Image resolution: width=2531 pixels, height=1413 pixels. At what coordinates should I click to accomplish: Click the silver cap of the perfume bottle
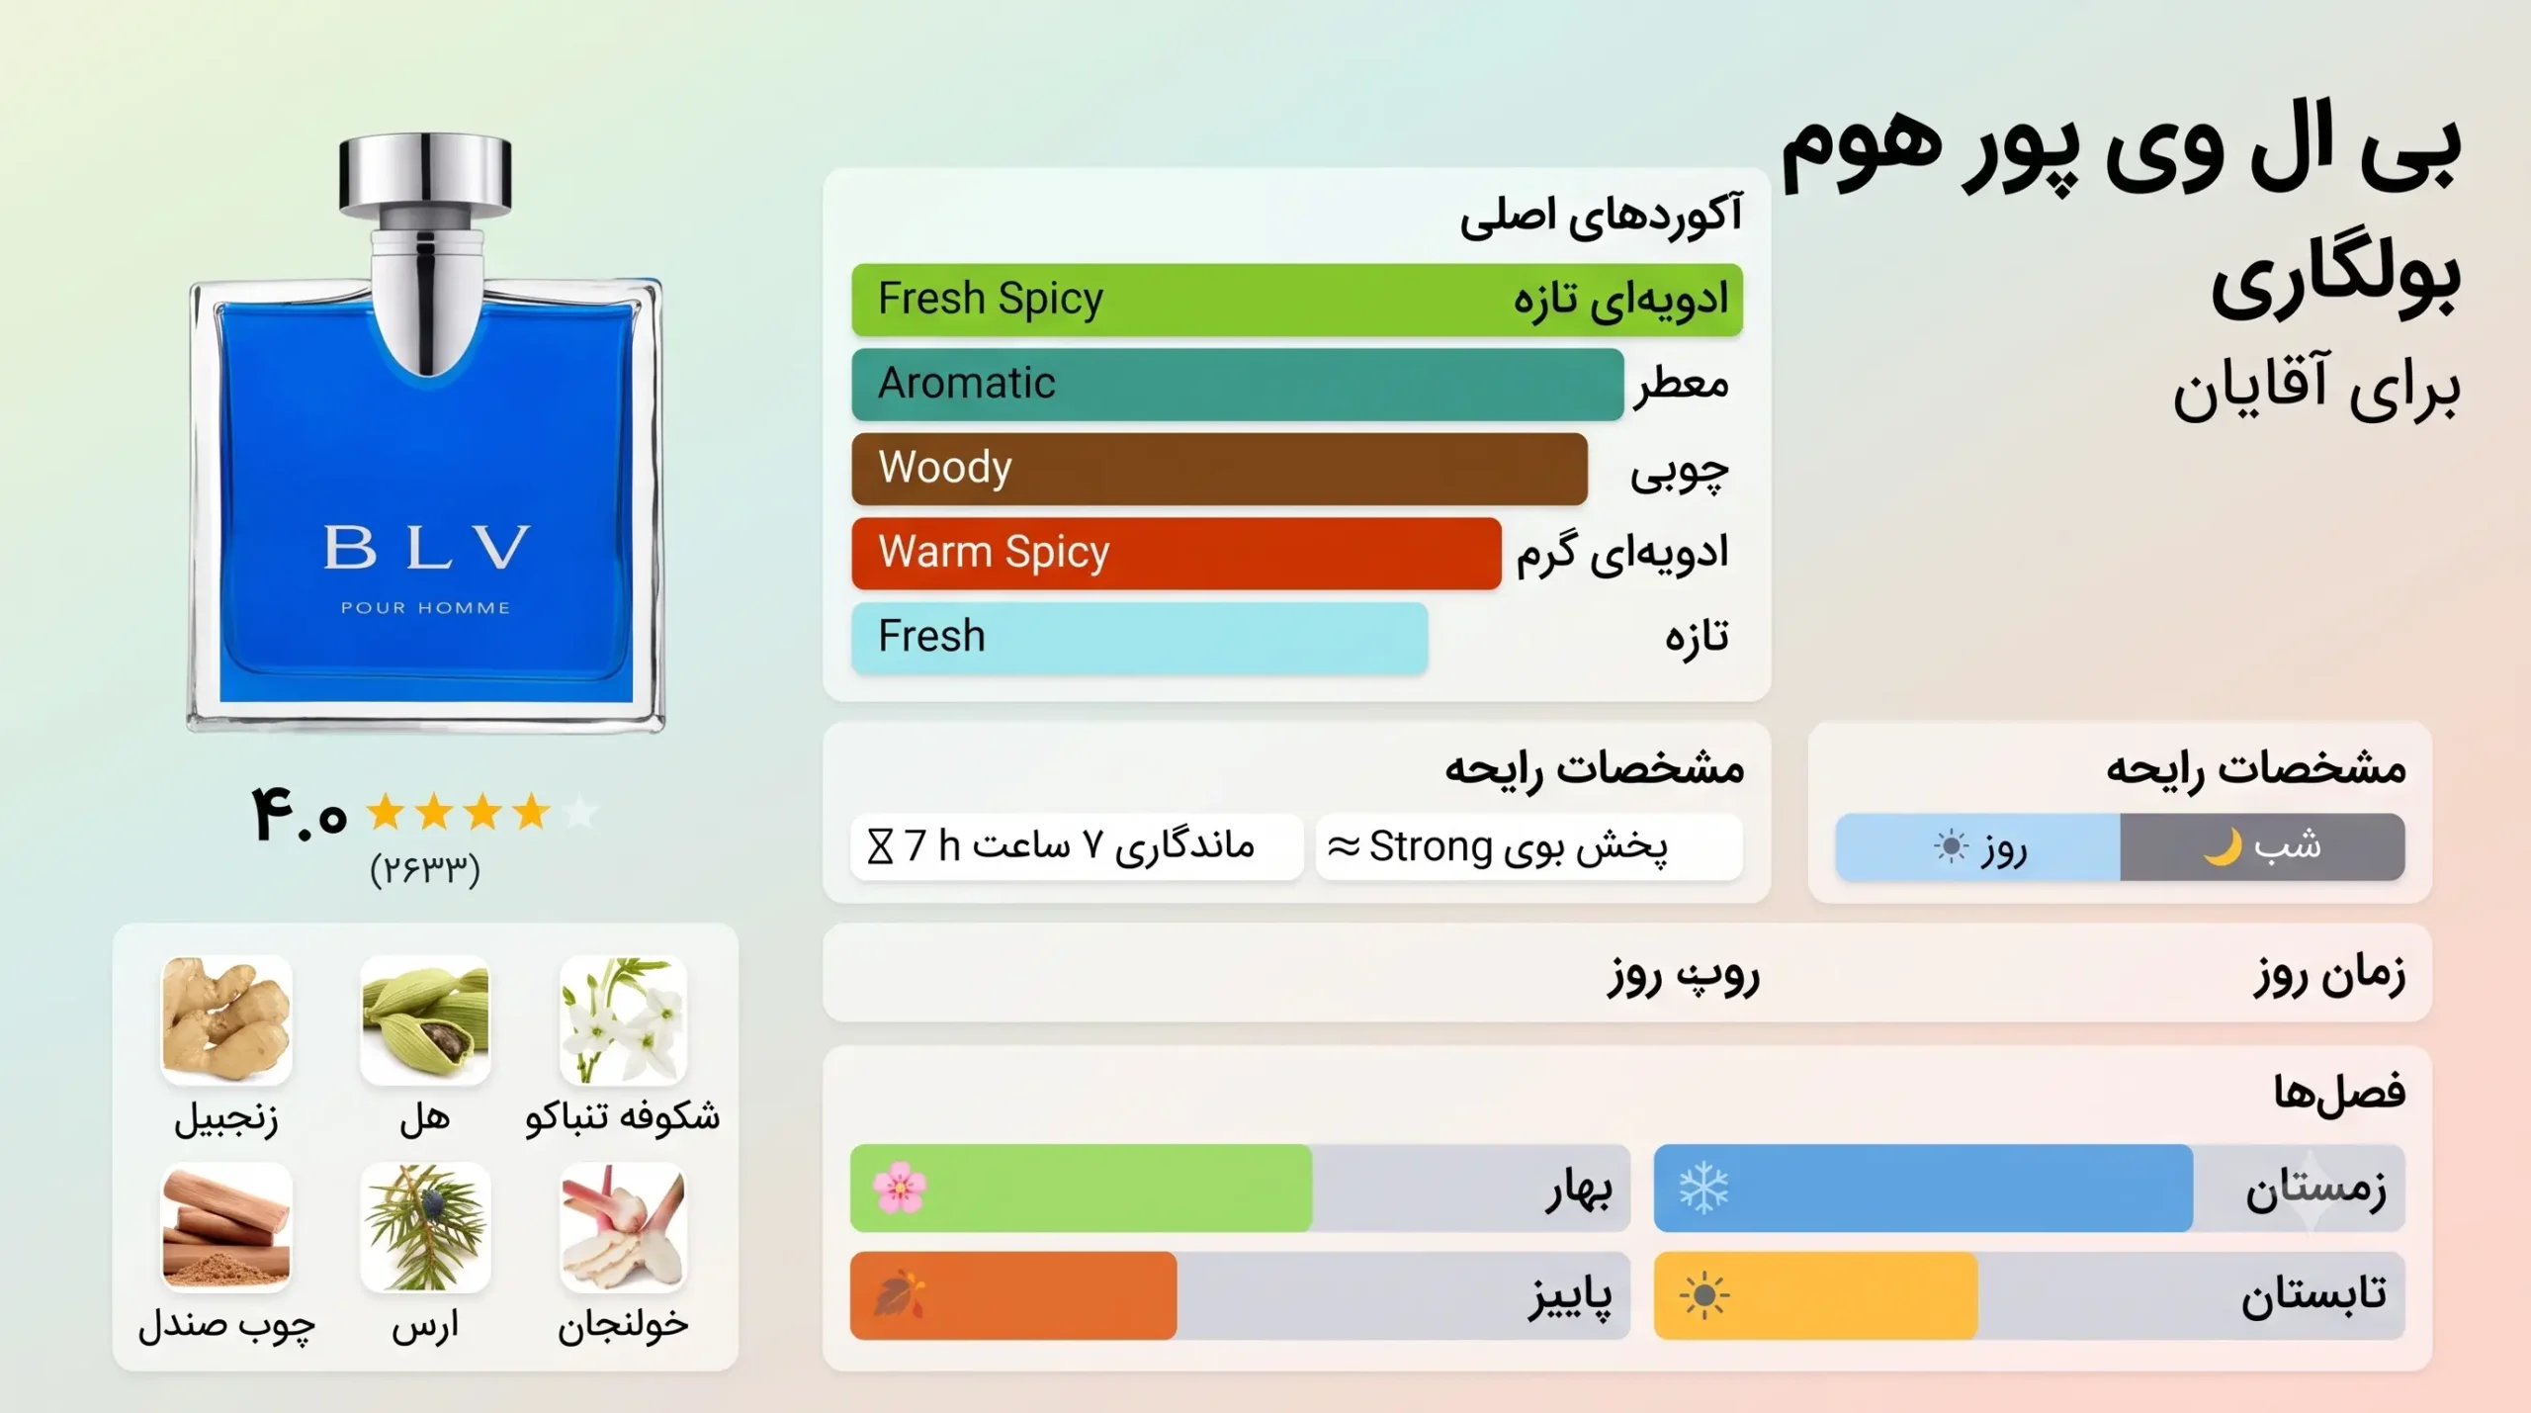click(425, 176)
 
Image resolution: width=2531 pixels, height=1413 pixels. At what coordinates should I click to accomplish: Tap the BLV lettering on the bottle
click(426, 547)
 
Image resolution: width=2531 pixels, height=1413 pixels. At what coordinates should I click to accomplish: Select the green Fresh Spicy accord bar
click(1297, 300)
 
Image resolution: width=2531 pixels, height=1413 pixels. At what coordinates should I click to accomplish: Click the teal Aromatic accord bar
click(1238, 384)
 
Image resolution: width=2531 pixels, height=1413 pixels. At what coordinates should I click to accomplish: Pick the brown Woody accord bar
click(1219, 469)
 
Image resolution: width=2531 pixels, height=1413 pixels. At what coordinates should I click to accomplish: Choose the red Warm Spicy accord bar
click(1177, 553)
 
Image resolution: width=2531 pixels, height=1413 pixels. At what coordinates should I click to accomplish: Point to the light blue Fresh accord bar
click(1140, 638)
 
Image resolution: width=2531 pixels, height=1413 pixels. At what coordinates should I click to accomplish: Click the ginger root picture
click(226, 1019)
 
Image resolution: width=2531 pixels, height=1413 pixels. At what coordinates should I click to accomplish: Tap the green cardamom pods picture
click(425, 1019)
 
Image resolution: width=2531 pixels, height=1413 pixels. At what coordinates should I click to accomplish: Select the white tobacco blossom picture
click(623, 1019)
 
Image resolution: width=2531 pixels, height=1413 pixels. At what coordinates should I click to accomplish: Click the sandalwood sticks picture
click(226, 1227)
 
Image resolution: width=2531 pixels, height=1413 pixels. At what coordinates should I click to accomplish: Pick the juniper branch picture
click(425, 1227)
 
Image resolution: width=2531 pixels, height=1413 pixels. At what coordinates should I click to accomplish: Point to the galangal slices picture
click(623, 1227)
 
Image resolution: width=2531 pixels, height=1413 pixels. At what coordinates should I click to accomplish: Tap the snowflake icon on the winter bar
click(1703, 1189)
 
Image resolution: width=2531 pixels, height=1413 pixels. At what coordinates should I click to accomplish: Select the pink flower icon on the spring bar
click(900, 1188)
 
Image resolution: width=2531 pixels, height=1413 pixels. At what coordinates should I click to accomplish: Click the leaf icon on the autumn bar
click(900, 1295)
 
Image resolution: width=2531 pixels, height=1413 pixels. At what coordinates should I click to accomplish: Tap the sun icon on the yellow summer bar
click(1703, 1295)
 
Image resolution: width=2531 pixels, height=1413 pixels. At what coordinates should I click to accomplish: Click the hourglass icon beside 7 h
click(880, 847)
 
